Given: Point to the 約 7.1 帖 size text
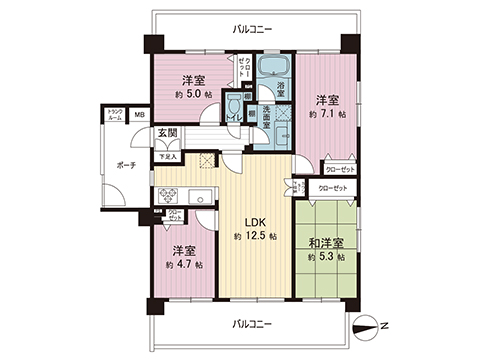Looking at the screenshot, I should coord(327,114).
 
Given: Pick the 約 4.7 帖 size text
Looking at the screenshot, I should coord(185,264).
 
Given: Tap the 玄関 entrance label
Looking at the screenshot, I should coord(167,132).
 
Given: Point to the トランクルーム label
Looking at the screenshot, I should coord(115,115).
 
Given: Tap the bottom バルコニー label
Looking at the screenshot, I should coord(250,324).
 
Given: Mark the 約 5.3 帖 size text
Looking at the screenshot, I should coord(327,257).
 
